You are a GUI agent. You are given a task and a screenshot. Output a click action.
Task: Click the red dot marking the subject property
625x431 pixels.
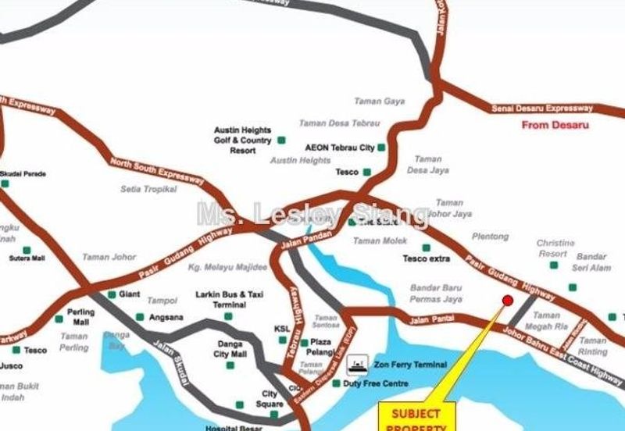[507, 301]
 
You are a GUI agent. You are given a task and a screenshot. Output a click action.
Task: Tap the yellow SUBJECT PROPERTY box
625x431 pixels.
[416, 417]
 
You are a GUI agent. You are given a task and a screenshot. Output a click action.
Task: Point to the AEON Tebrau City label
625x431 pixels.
[340, 148]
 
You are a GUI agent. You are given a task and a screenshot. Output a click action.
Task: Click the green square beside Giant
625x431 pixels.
[112, 294]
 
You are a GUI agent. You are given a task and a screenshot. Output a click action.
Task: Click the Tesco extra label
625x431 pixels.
[427, 258]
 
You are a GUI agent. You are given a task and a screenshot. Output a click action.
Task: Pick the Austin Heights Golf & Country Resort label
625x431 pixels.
[242, 141]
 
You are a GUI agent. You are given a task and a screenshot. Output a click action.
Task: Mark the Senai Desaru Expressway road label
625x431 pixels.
[541, 109]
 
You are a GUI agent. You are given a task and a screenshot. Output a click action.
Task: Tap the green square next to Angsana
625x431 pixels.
[141, 317]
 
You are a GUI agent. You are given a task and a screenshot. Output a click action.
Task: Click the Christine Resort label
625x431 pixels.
[555, 248]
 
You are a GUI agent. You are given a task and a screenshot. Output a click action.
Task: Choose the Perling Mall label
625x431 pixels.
[81, 318]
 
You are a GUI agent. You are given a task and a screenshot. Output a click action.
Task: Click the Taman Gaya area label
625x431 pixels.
[379, 102]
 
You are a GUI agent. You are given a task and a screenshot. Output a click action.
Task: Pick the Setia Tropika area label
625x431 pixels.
[148, 189]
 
